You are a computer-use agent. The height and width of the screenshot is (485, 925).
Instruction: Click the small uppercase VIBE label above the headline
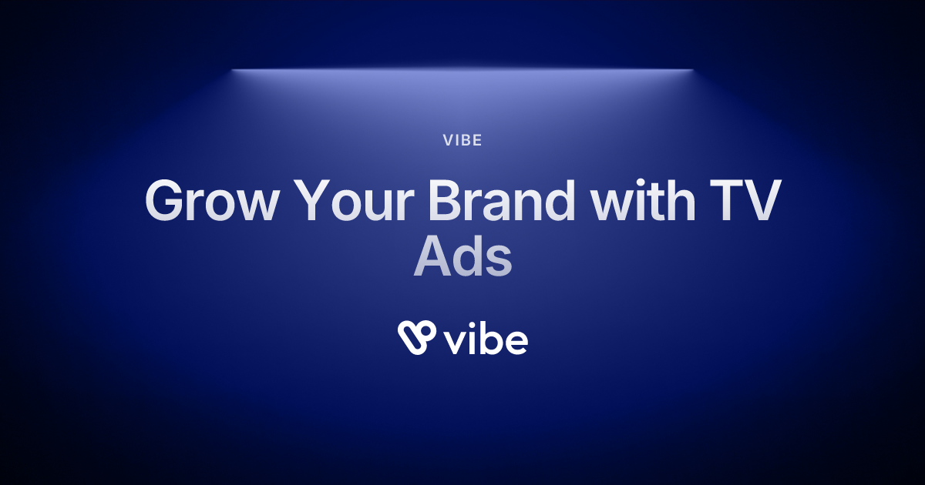462,142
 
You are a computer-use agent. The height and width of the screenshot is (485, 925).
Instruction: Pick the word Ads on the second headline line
462,258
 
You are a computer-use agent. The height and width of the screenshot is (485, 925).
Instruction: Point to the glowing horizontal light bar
462,70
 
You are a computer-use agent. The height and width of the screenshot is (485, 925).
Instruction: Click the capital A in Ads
432,258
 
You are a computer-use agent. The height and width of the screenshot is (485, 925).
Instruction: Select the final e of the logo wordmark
516,343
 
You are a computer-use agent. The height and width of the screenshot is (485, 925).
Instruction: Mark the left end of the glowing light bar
234,70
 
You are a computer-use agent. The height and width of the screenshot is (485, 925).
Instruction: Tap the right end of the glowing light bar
691,70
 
